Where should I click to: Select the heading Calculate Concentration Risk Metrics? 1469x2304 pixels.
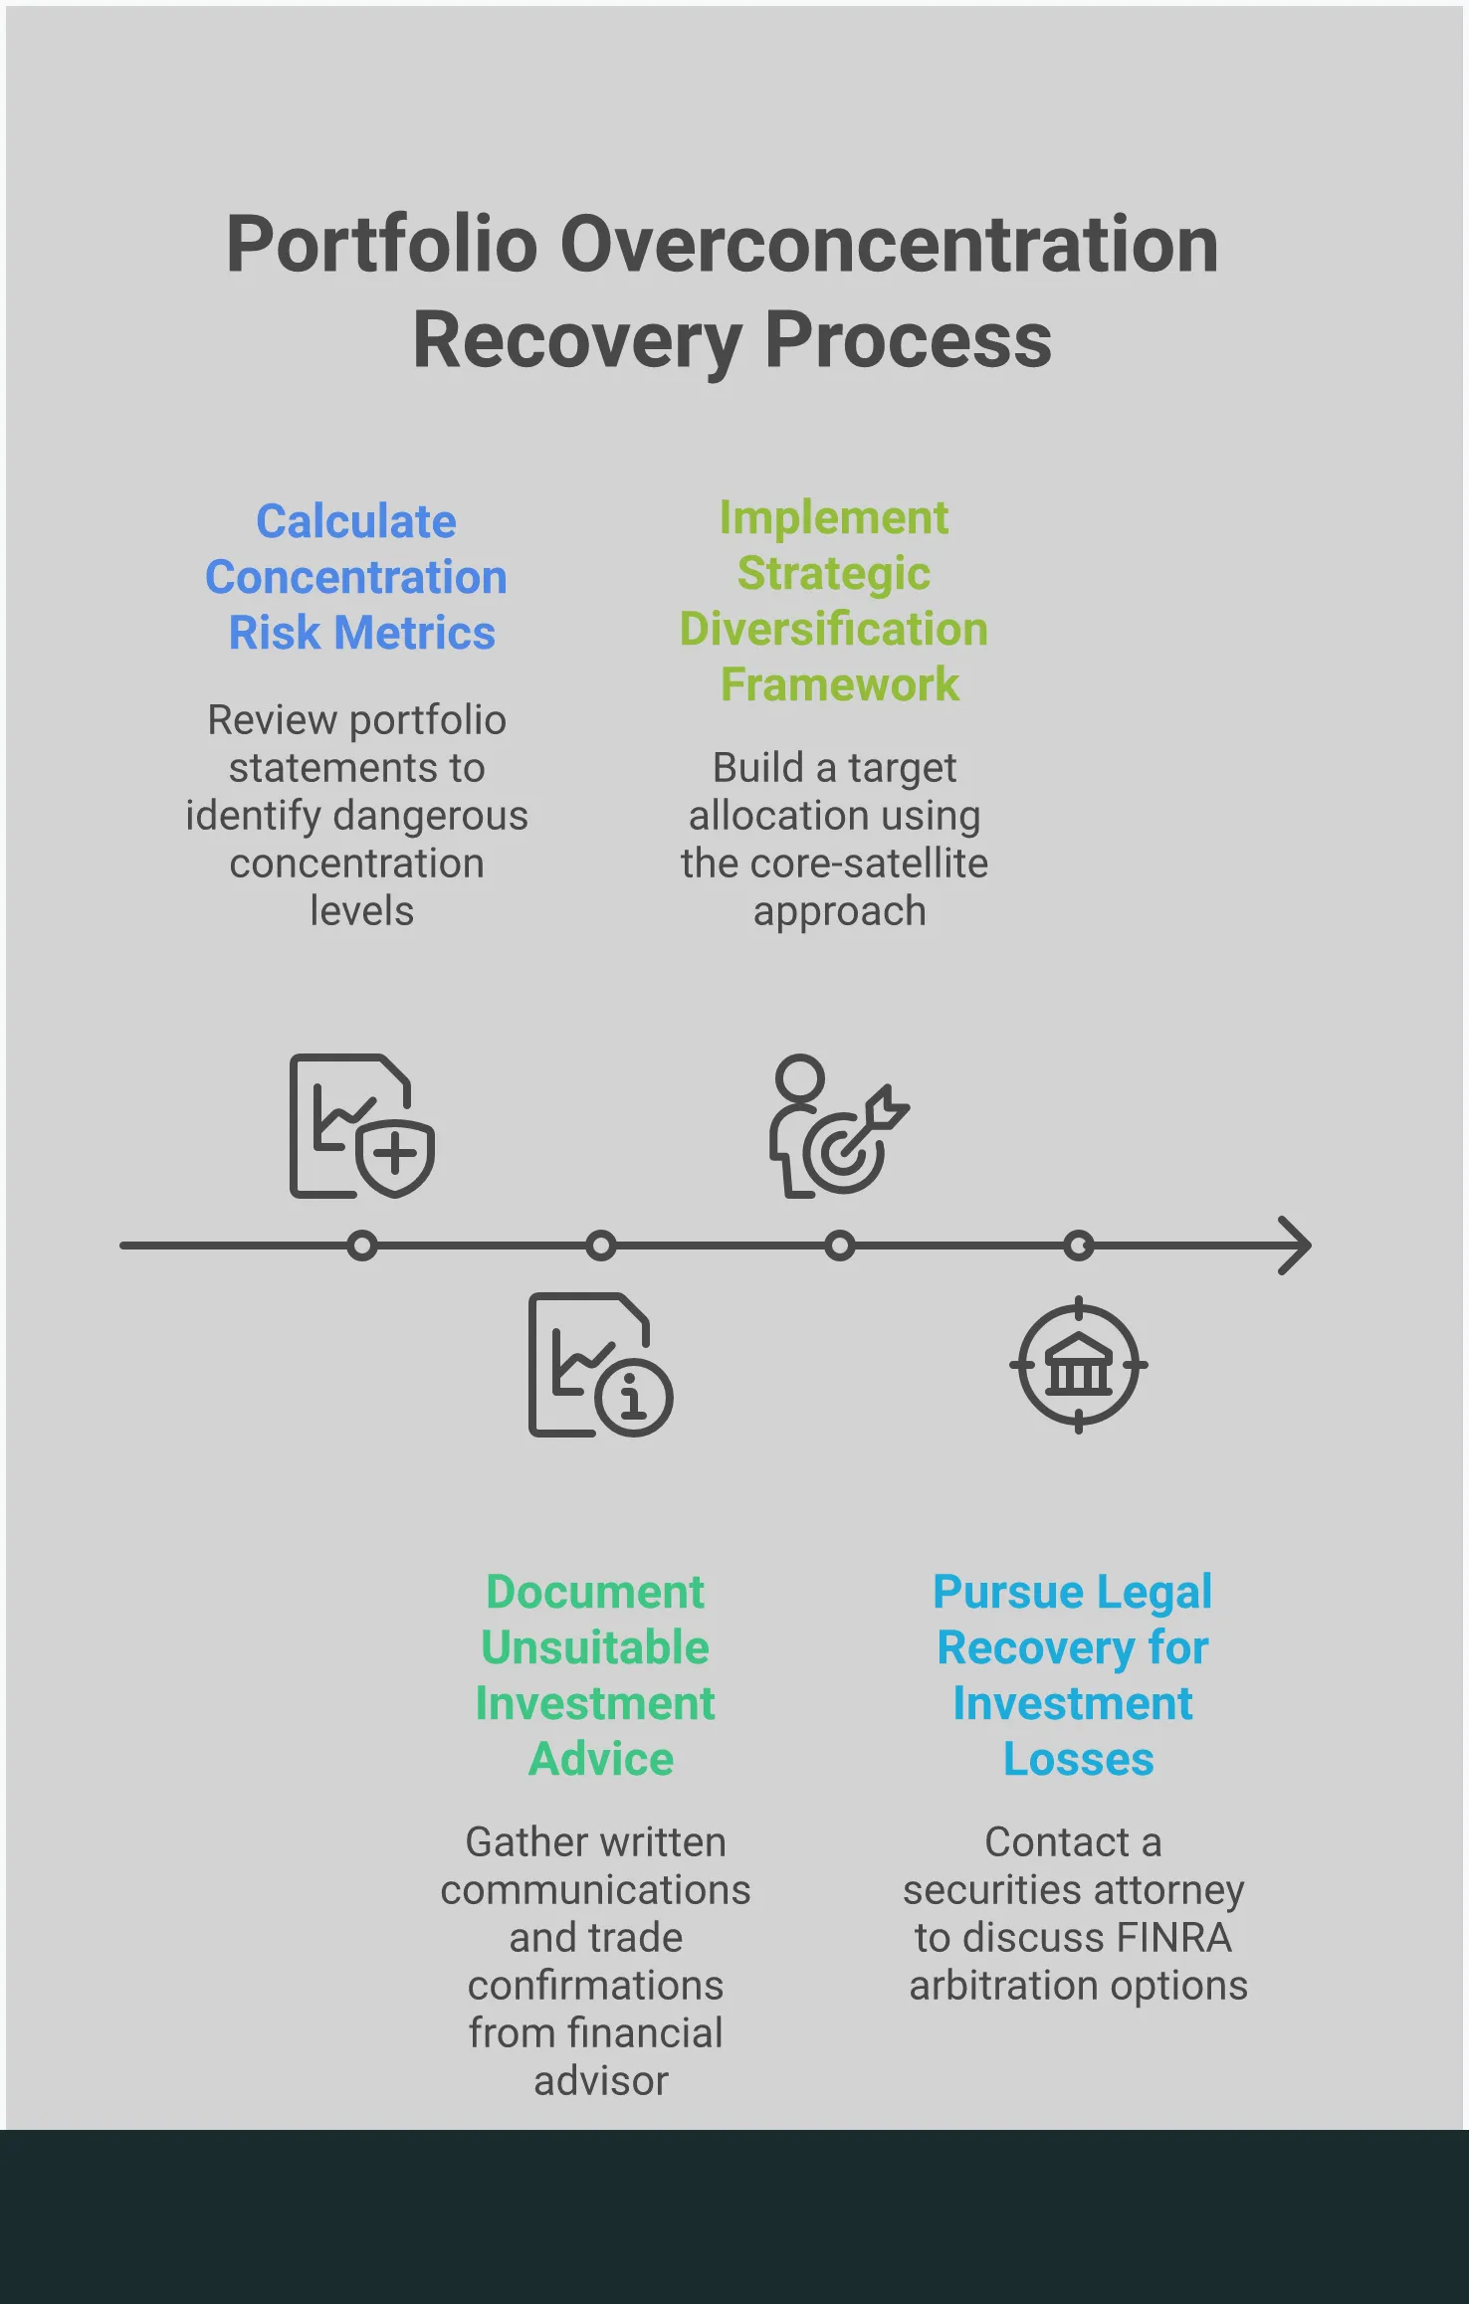coord(356,577)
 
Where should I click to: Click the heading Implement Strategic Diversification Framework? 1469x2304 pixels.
coord(834,601)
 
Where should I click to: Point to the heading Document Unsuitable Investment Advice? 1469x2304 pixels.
coord(596,1675)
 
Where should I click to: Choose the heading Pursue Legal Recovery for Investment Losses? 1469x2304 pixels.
coord(1073,1675)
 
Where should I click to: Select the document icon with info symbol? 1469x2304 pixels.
coord(600,1365)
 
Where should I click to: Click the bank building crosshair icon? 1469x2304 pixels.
coord(1079,1365)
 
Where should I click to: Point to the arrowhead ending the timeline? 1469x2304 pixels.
coord(1296,1246)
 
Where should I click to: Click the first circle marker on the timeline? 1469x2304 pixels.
coord(362,1246)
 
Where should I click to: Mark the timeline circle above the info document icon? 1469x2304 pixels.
coord(601,1246)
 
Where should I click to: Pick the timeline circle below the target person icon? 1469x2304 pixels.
coord(840,1246)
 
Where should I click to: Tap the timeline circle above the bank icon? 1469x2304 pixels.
coord(1079,1246)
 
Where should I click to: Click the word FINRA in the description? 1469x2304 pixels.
coord(1173,1938)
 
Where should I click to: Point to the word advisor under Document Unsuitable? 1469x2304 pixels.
coord(601,2081)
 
